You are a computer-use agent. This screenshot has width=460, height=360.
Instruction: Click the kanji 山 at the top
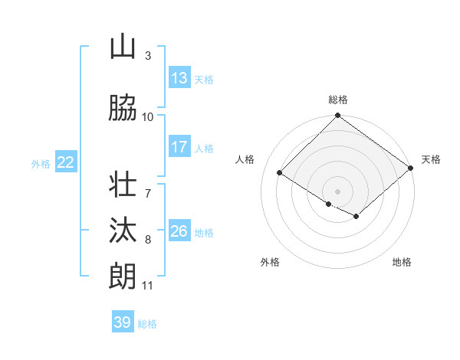coord(123,47)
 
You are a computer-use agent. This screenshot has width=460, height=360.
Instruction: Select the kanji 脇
coord(123,109)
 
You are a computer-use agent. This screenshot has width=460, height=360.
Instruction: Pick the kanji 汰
coord(123,231)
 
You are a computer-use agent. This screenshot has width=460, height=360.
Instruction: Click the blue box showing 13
coord(179,77)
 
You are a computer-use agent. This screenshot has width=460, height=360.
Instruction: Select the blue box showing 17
coord(179,147)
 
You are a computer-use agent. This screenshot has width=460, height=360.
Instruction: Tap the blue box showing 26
coord(179,231)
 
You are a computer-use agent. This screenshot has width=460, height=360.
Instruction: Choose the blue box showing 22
coord(66,162)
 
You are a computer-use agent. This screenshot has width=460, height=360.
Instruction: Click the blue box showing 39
coord(123,322)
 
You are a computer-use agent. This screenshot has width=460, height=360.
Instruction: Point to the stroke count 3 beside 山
coord(148,56)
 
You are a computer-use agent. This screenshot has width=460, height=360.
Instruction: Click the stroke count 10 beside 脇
coord(148,117)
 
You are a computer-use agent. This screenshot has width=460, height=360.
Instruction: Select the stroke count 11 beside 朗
coord(148,286)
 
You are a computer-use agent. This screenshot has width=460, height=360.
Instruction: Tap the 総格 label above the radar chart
coord(338,100)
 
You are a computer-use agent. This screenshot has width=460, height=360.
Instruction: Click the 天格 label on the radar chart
coord(431,159)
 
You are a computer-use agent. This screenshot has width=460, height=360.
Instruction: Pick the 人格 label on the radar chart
coord(245,159)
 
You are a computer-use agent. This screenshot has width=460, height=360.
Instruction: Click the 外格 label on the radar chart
coord(270,262)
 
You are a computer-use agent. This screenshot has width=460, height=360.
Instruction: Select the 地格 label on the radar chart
coord(402,262)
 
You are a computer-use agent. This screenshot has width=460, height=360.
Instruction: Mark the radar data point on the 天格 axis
coord(411,168)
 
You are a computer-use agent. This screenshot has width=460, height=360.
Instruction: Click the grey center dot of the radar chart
coord(337,191)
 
